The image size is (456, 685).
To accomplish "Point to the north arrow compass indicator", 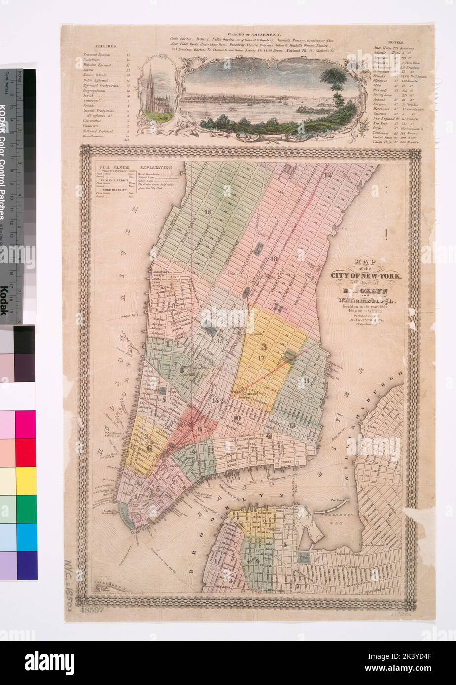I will (x=388, y=212).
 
